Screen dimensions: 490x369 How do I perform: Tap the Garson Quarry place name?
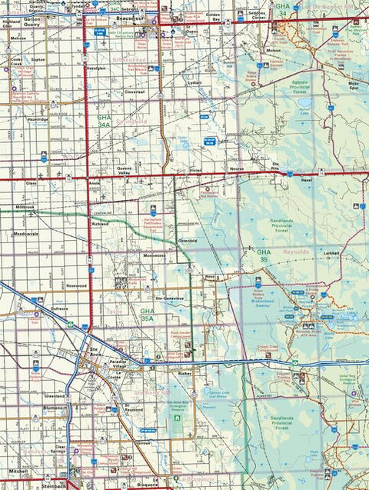click(x=33, y=21)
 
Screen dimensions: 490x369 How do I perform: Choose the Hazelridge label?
click(x=37, y=120)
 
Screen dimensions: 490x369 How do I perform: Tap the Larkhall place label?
click(x=331, y=252)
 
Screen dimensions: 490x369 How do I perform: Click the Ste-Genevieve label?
click(x=168, y=296)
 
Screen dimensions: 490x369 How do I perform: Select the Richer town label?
click(x=184, y=374)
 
